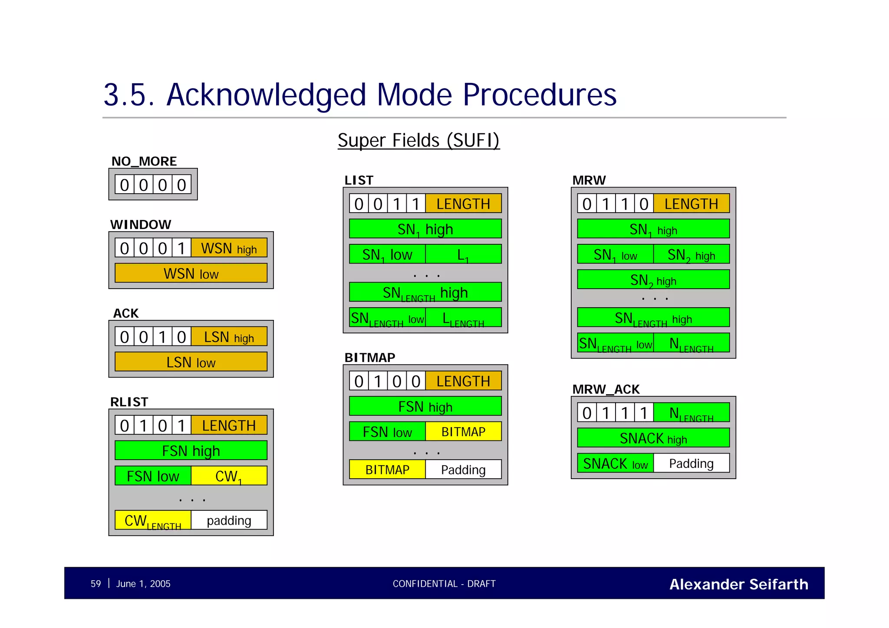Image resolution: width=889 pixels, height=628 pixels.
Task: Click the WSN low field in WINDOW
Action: pos(191,273)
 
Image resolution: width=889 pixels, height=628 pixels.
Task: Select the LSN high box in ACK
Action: pos(229,337)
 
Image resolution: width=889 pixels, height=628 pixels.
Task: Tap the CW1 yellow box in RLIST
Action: pos(229,476)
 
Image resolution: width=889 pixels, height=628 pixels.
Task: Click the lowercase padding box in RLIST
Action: pos(229,520)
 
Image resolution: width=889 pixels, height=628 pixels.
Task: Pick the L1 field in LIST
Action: pos(463,254)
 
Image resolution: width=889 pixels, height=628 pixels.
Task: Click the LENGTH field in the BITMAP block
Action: pos(463,381)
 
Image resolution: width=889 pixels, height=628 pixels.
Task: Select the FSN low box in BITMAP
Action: pos(387,432)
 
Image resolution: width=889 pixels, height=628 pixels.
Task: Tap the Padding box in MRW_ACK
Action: pos(691,463)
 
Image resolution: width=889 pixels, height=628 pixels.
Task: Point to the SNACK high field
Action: pos(653,438)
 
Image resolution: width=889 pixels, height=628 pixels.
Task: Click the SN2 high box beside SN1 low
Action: pos(691,255)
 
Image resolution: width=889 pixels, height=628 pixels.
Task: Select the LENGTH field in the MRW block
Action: pos(691,204)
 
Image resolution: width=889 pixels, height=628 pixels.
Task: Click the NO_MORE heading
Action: pos(144,161)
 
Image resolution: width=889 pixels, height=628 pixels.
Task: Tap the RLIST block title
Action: pos(129,402)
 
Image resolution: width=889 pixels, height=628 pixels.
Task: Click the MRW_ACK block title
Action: pos(606,389)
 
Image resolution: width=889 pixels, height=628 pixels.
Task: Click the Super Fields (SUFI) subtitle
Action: pos(418,140)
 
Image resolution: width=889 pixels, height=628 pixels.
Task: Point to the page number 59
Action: pos(95,584)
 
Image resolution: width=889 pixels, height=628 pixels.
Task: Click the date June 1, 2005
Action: pos(143,584)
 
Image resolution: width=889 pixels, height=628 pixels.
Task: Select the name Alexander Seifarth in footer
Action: pos(739,584)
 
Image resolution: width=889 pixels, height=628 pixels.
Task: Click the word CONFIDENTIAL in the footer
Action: pos(425,584)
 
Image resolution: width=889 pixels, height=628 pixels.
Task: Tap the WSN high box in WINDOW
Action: pos(229,248)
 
